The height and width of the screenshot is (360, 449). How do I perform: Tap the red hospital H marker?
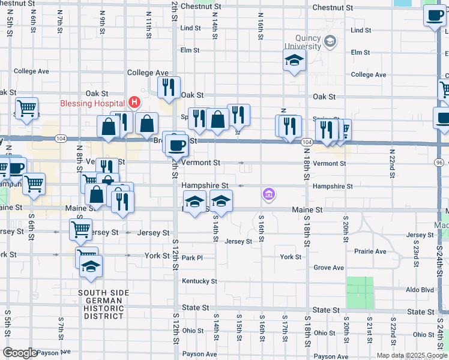pos(134,103)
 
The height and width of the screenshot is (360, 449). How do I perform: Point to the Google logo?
pos(19,353)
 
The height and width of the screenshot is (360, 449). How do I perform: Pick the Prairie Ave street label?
pos(370,251)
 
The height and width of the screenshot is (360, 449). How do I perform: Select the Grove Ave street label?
pos(329,268)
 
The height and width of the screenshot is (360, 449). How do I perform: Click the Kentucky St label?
pos(199,281)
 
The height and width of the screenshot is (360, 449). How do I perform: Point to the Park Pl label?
pos(193,257)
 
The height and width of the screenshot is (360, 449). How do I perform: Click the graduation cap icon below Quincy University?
pos(294,60)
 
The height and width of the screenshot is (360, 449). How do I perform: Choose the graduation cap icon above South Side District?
pos(91,266)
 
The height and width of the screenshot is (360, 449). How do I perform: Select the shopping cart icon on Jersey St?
pos(80,229)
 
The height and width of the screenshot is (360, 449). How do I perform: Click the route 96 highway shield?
pos(440,163)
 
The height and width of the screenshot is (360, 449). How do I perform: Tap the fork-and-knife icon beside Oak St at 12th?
pos(169,86)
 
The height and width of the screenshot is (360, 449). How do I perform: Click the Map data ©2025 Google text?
pos(411,355)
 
